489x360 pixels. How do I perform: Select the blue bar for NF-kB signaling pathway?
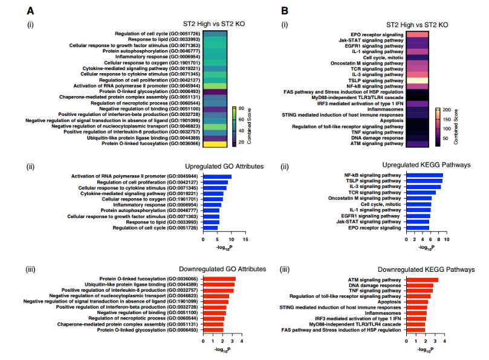(x=423, y=175)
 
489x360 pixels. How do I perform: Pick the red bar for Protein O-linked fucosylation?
(x=219, y=278)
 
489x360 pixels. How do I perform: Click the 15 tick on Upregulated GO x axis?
(x=246, y=239)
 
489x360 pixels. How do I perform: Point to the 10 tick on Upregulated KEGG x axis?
(x=447, y=239)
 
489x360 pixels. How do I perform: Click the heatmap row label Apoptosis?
(x=390, y=120)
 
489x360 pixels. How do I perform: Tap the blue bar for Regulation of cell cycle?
(x=210, y=228)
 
